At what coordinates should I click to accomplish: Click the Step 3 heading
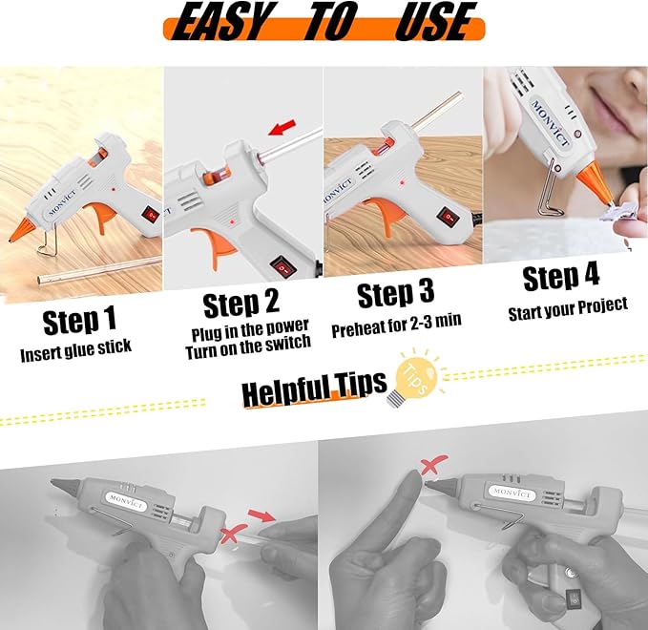(399, 295)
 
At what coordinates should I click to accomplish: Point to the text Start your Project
(567, 306)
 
